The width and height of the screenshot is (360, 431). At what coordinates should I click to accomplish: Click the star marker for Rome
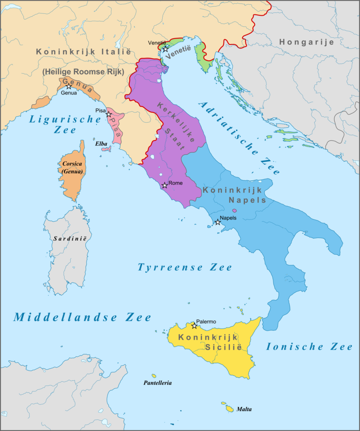165,185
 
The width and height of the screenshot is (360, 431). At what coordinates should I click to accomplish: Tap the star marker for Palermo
194,326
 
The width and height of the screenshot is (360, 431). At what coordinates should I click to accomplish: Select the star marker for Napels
218,222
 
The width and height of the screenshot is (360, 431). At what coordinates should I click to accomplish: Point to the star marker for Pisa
108,114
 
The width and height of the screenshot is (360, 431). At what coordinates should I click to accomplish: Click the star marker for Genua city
69,87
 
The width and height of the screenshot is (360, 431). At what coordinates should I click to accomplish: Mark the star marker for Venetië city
165,49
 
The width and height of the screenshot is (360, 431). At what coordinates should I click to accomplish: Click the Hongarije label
306,42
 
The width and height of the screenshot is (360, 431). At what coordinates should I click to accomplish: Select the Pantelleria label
157,383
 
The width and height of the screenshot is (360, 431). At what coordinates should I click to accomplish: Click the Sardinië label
70,239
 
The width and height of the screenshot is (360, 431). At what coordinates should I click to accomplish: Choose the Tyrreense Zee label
184,267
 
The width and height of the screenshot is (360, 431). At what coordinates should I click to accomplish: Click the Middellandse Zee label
82,317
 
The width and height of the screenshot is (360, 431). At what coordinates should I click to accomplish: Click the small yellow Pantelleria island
154,376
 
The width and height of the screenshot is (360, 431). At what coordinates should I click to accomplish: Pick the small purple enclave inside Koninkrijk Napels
235,210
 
